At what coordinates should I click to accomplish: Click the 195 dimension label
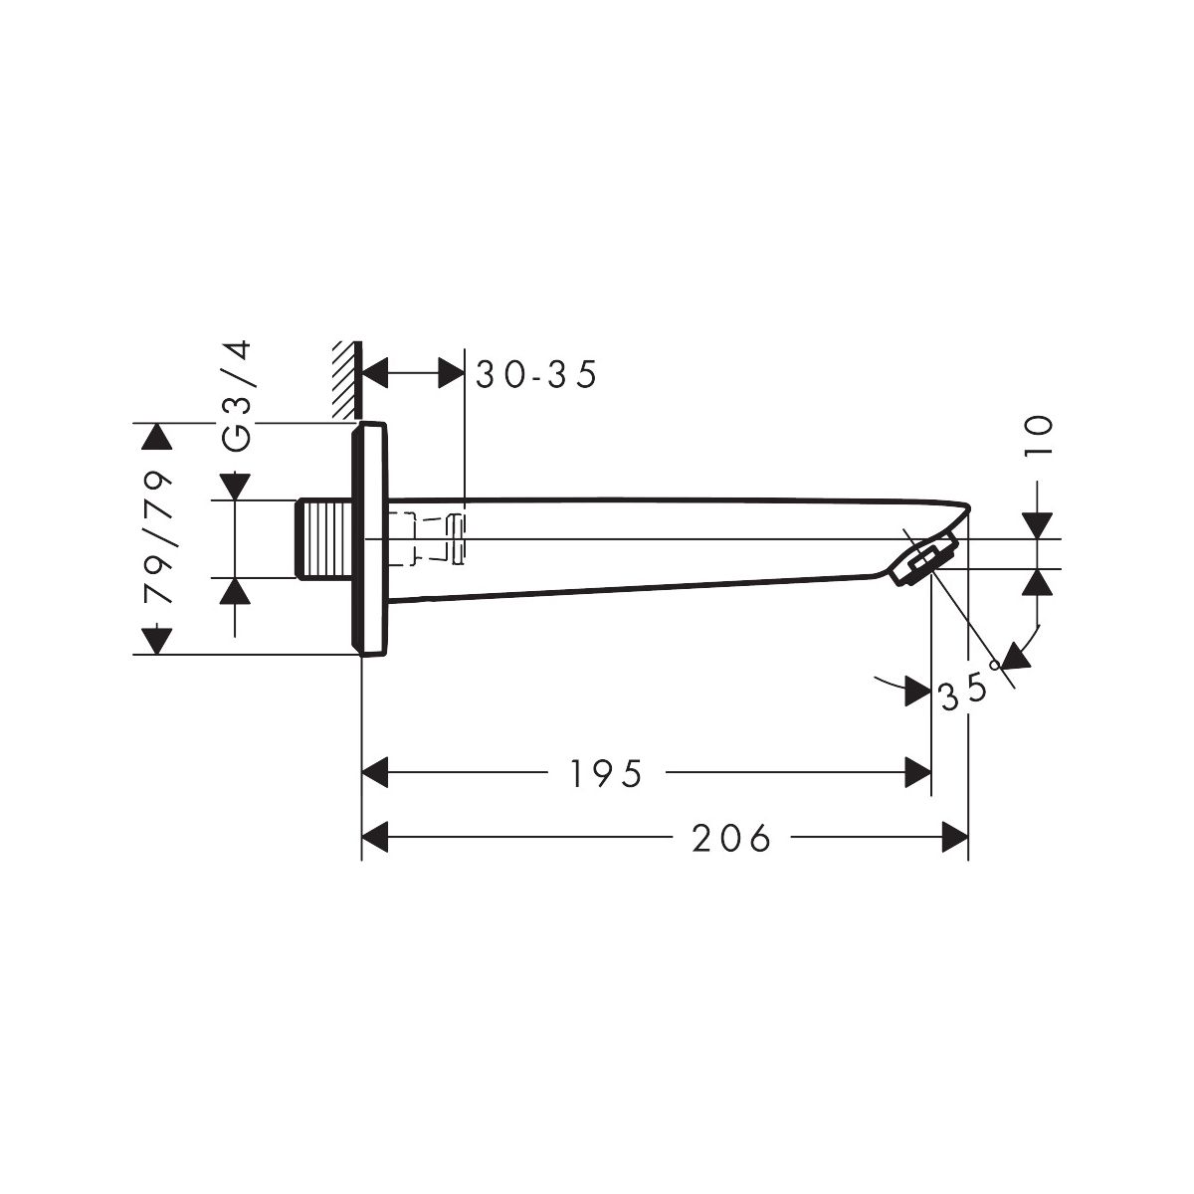[605, 774]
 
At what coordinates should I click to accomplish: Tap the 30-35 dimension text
[536, 374]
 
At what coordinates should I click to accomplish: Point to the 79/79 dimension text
[157, 538]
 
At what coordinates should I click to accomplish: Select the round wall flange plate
[369, 538]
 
